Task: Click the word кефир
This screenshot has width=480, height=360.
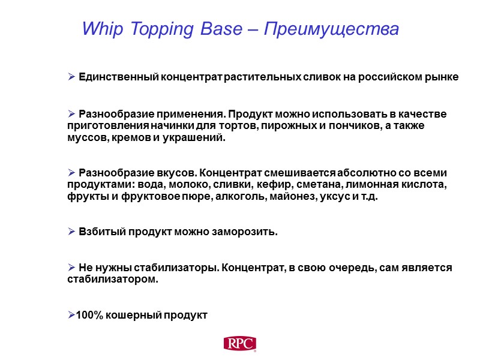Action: (294, 185)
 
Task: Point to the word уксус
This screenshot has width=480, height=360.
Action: (337, 197)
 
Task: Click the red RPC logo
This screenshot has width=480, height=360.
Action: (240, 344)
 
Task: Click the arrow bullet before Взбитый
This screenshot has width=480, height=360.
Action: (71, 232)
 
